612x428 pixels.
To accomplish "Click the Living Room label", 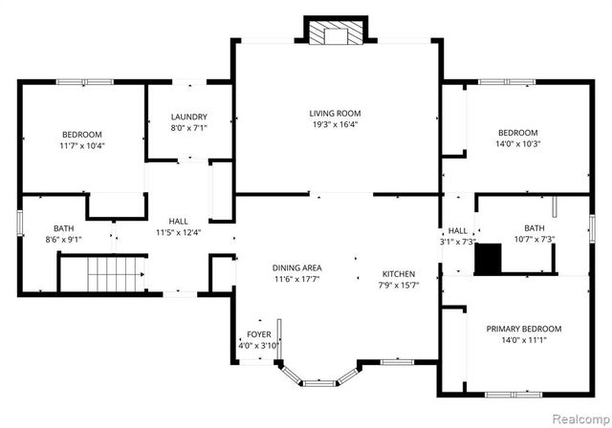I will [x=334, y=112].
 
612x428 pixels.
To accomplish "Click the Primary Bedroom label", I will [x=523, y=329].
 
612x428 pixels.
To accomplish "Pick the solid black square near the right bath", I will [x=488, y=258].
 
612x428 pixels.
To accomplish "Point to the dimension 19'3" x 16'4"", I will [x=334, y=124].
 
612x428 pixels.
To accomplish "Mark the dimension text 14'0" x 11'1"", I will [x=523, y=341].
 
